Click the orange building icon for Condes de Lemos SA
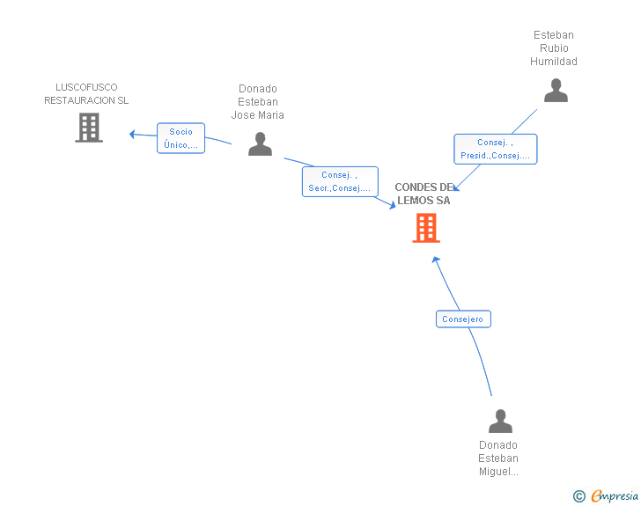click(426, 228)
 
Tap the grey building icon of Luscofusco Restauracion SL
click(89, 128)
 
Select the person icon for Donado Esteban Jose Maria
click(260, 143)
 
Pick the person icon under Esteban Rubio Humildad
click(556, 91)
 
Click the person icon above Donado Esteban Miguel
click(500, 421)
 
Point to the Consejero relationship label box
click(463, 319)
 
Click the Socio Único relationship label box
click(181, 138)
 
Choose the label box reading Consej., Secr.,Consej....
click(339, 182)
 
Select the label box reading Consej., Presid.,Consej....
click(495, 149)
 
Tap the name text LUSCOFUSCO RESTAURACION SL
click(86, 94)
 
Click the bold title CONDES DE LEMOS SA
click(424, 194)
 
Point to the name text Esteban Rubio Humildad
click(554, 48)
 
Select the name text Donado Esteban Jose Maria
click(258, 102)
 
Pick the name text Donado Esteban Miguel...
click(498, 458)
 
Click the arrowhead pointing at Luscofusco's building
click(132, 134)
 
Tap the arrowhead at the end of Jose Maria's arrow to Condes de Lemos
click(393, 205)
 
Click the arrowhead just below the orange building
click(435, 259)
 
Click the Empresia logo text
click(614, 496)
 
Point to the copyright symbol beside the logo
click(578, 496)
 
